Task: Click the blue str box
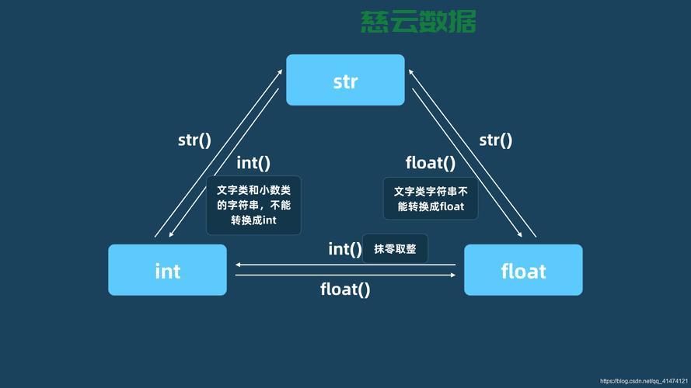pos(345,80)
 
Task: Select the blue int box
pos(167,270)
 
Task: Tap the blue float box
pos(523,270)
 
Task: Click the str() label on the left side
pos(194,140)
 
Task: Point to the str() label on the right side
pos(496,140)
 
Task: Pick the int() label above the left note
pos(253,163)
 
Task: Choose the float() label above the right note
pos(430,163)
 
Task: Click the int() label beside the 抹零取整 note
pos(345,248)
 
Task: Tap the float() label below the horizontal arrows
pos(345,289)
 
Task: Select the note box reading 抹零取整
pos(395,248)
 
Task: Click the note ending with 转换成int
pos(253,206)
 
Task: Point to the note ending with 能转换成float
pos(429,199)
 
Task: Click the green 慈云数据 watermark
pos(418,21)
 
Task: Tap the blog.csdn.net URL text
pos(644,382)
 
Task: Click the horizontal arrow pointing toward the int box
pos(345,265)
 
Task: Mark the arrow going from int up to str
pos(218,152)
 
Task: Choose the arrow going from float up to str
pos(473,152)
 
